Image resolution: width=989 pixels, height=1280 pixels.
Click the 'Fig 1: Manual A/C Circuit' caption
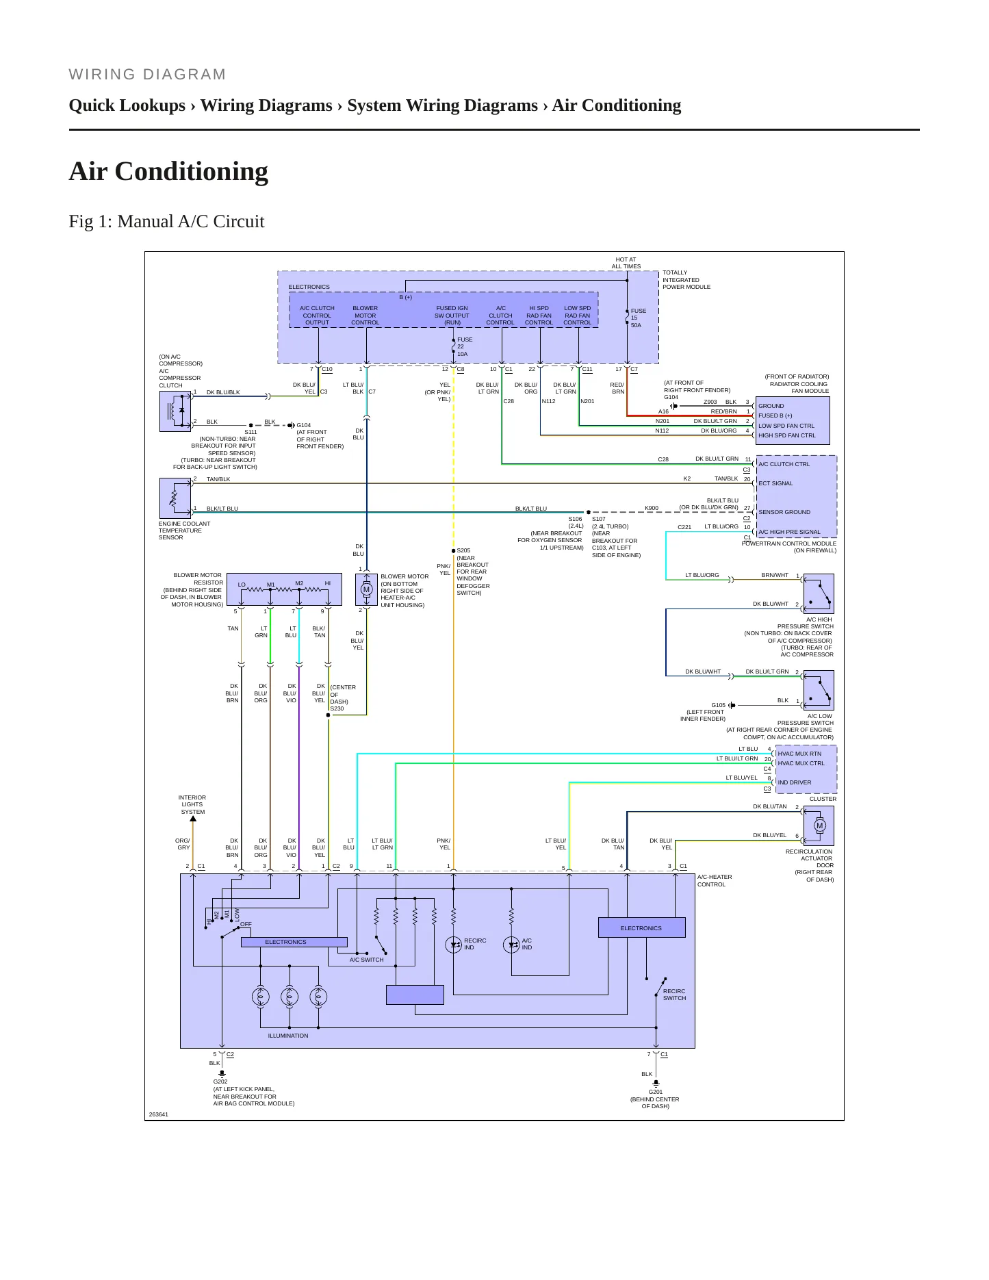166,222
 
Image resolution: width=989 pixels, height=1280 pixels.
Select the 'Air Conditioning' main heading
168,172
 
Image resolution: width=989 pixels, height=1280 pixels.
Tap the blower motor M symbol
366,589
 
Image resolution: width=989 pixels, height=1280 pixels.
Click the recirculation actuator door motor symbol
819,825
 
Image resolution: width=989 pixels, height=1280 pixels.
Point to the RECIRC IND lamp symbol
453,945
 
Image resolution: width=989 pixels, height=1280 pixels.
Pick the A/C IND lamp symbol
511,945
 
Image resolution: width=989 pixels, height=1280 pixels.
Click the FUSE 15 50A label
638,318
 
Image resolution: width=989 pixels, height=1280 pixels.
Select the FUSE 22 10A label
465,347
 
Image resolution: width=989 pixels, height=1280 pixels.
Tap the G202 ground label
220,1082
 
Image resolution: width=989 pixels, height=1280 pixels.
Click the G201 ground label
655,1092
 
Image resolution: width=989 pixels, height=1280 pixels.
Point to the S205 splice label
463,550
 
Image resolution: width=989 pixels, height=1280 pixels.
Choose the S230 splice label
337,708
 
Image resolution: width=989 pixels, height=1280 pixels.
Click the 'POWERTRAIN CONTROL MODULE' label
789,543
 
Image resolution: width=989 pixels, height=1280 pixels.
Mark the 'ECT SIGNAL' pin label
775,483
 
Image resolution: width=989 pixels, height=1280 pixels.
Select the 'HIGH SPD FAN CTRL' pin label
787,435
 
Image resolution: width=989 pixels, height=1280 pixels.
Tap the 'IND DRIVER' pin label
795,782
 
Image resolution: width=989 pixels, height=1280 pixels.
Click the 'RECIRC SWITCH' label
674,995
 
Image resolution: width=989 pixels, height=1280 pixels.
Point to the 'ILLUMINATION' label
288,1036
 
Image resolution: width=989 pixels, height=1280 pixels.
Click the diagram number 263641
158,1114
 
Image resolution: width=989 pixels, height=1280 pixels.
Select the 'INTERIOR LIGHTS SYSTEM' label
192,805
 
